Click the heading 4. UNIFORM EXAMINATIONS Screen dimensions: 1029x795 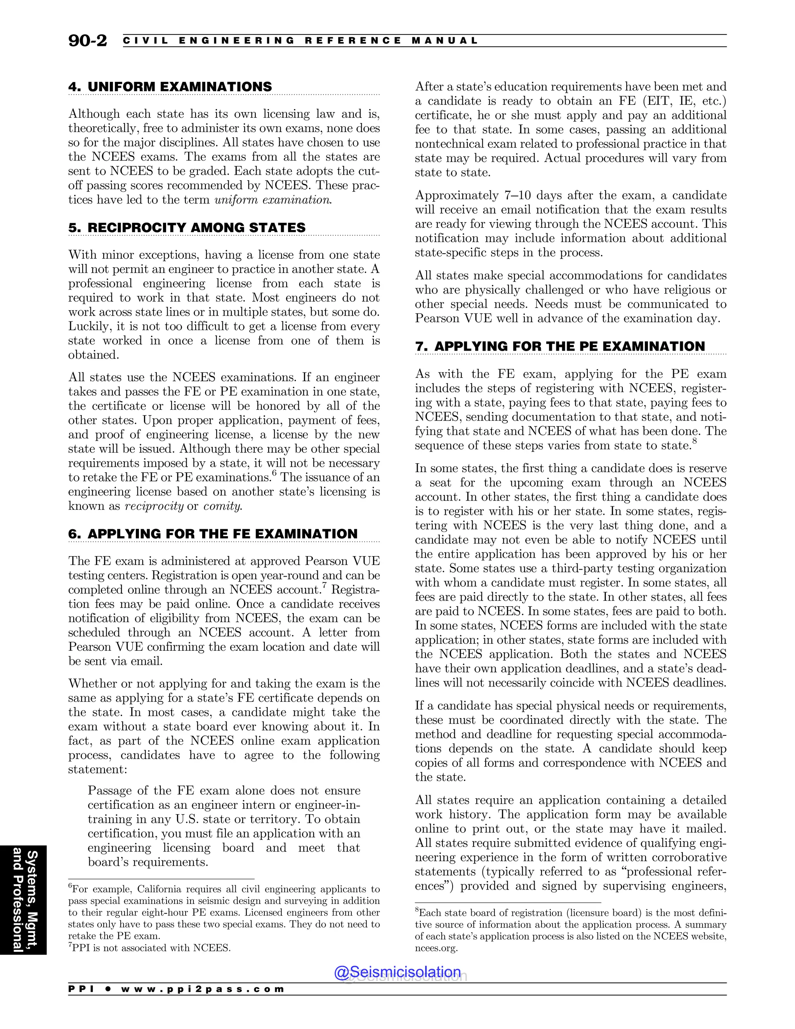170,87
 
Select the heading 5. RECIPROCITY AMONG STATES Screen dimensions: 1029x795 187,228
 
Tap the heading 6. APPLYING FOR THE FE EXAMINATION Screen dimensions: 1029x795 213,534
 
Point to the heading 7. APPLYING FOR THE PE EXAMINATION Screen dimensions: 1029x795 560,346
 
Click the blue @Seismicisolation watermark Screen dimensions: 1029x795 397,972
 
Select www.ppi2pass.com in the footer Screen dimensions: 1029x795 203,989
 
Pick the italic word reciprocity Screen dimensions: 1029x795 154,506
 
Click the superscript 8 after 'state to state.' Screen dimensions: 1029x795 695,441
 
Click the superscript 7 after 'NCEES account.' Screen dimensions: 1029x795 325,586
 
